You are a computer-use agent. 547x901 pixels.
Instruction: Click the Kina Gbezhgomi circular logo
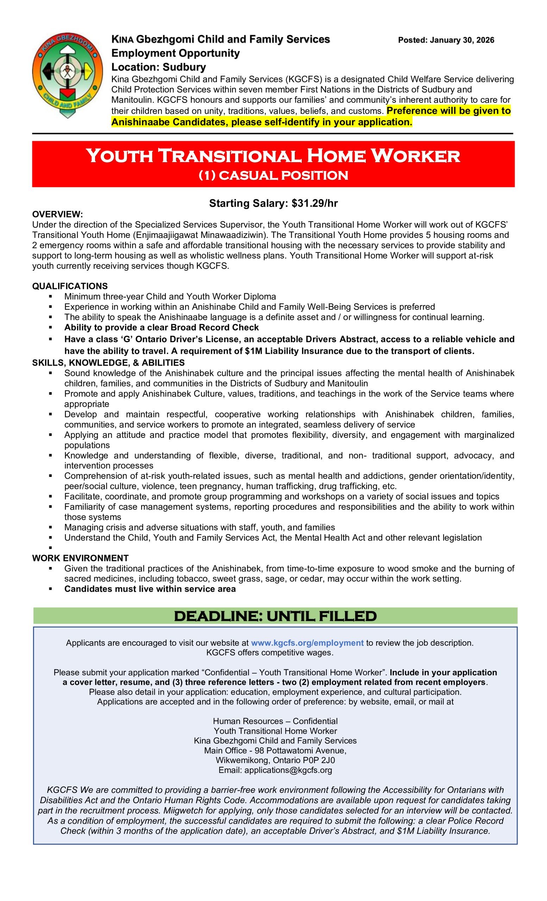click(x=67, y=75)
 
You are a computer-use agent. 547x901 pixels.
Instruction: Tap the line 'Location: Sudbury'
click(x=158, y=67)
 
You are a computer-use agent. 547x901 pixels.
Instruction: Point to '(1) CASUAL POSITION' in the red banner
click(x=273, y=176)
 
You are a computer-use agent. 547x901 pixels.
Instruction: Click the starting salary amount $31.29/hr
click(x=314, y=203)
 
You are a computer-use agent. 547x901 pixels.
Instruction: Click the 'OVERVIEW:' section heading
click(x=57, y=214)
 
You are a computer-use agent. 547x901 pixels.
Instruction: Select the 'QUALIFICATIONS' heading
click(x=70, y=286)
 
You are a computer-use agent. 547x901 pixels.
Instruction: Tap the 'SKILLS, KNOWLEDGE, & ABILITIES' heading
click(x=108, y=363)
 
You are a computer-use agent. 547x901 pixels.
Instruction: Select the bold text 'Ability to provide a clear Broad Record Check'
click(x=161, y=327)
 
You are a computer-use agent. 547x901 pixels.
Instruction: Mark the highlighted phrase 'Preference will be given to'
click(x=448, y=111)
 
